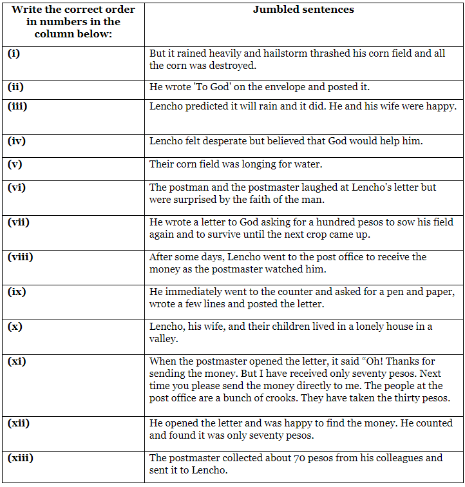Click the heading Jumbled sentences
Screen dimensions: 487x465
coord(303,10)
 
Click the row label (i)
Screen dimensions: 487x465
coord(14,53)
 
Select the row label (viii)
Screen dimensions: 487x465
coord(20,257)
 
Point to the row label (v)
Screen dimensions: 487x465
coord(15,164)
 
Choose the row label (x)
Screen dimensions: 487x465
coord(15,327)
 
